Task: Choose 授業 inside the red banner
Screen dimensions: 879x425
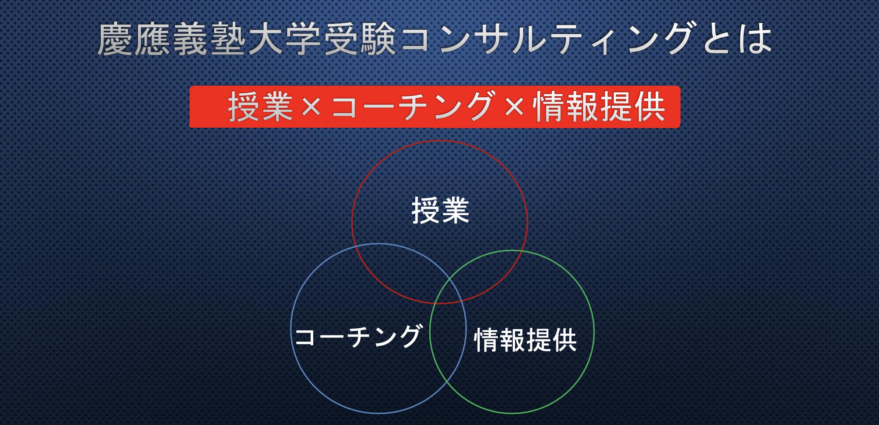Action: click(260, 107)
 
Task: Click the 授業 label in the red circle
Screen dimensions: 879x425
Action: click(440, 211)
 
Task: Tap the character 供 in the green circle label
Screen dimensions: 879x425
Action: click(564, 340)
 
